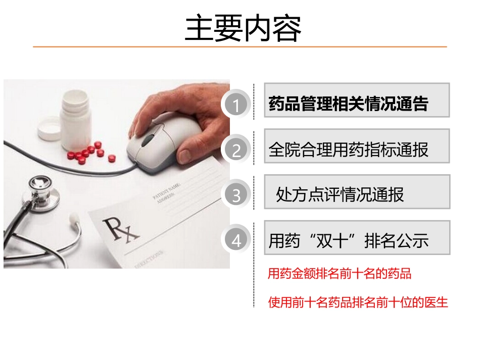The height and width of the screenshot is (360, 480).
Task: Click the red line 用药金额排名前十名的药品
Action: (x=339, y=274)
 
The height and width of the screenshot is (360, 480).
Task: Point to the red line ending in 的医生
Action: (x=358, y=302)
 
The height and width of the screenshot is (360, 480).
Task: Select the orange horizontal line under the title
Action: (x=240, y=47)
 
